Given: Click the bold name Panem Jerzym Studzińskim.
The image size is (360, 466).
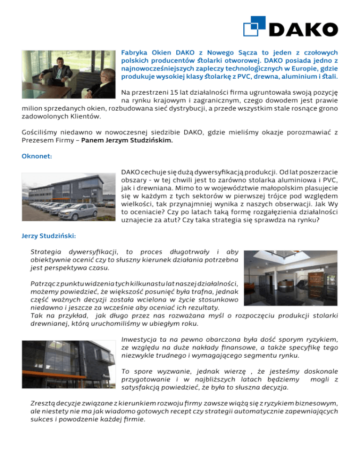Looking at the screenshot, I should (x=127, y=140).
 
